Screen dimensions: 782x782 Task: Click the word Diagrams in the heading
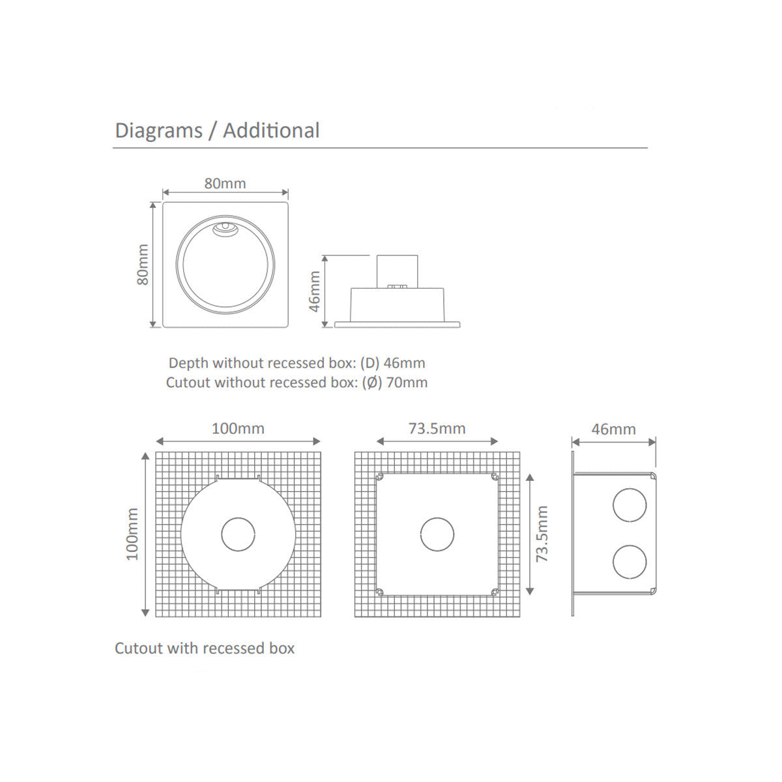tap(158, 130)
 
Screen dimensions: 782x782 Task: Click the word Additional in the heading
tap(271, 130)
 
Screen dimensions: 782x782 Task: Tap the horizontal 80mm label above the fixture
tap(225, 183)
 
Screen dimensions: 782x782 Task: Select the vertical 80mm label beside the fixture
tap(143, 264)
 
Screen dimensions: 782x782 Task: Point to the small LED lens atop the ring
tap(225, 227)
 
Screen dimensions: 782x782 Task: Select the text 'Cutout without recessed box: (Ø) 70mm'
tap(297, 383)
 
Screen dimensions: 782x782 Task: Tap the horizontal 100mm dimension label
tap(238, 428)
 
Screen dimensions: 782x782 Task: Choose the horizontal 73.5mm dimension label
tap(437, 428)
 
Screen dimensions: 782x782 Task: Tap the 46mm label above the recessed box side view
tap(613, 429)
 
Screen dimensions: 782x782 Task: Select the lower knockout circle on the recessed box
tap(630, 562)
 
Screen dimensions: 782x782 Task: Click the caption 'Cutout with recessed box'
tap(205, 648)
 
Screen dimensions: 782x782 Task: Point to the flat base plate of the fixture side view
tap(398, 323)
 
